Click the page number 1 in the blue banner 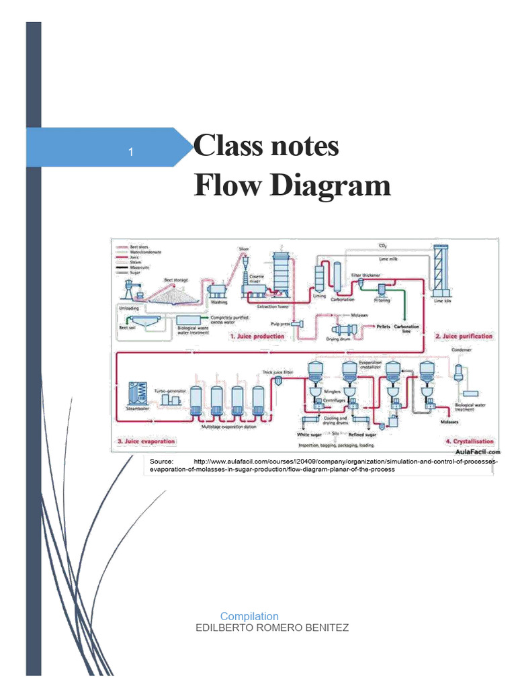click(x=131, y=153)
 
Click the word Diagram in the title click(x=331, y=185)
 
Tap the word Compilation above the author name click(x=249, y=616)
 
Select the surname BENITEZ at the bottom click(x=326, y=628)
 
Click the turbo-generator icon click(x=169, y=398)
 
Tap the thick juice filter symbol click(x=277, y=380)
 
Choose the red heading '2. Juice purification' click(x=464, y=336)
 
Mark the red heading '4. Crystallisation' click(x=469, y=441)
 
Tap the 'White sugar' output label click(x=310, y=435)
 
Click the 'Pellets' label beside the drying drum click(x=383, y=326)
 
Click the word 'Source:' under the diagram click(x=161, y=462)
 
